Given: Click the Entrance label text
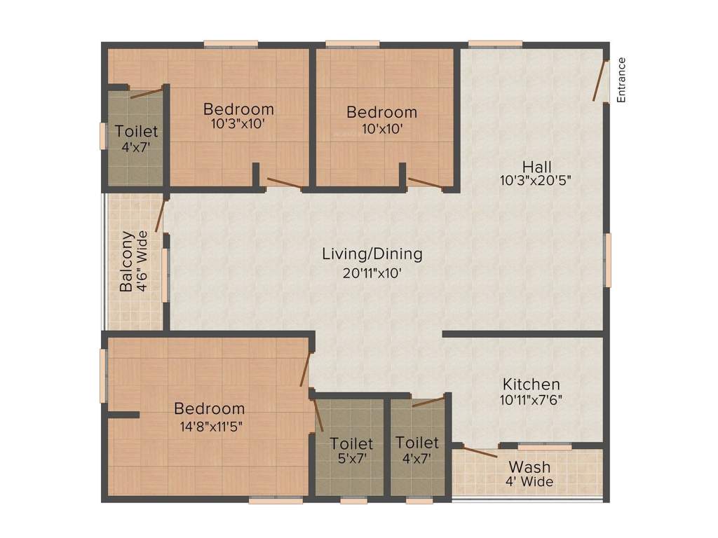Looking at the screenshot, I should point(621,80).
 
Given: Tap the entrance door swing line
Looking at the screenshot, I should point(600,81).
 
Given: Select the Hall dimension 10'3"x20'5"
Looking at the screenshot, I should point(536,179).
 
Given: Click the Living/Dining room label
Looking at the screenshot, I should point(372,254).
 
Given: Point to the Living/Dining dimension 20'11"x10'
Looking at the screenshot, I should point(372,273).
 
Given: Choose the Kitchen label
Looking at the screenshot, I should point(531,384).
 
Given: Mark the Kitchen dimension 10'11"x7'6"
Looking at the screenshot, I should point(531,401).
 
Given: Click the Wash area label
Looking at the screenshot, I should point(529,467).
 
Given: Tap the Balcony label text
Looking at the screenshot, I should point(126,261).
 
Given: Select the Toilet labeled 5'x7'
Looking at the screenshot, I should point(351,444).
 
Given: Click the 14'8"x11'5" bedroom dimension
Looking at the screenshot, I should point(210,425).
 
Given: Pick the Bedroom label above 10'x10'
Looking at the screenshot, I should point(381,112).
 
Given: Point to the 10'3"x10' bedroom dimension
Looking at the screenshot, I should point(238,126).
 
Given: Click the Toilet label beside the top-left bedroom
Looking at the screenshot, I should point(137,131).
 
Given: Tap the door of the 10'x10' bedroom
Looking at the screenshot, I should point(425,184).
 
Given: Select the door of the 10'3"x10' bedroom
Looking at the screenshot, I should point(284,184).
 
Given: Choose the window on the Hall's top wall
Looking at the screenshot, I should point(495,44).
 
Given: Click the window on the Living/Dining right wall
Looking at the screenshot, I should point(608,259).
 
